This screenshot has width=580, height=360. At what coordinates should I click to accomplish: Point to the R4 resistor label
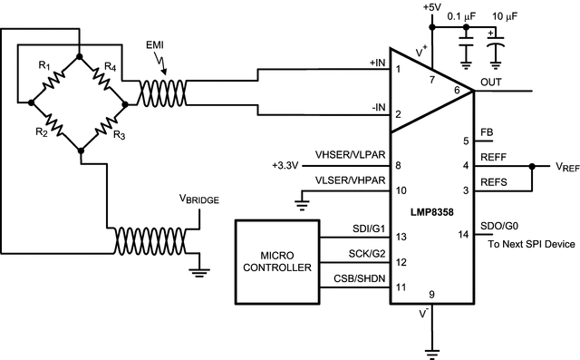[108, 65]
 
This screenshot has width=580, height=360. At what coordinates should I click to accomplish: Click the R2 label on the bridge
[42, 132]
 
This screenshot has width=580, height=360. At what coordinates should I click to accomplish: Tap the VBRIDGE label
[199, 198]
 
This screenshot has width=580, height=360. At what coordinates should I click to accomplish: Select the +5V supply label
[433, 9]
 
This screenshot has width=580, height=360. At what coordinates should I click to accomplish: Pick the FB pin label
[486, 131]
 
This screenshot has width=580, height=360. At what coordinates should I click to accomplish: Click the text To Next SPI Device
[530, 245]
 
